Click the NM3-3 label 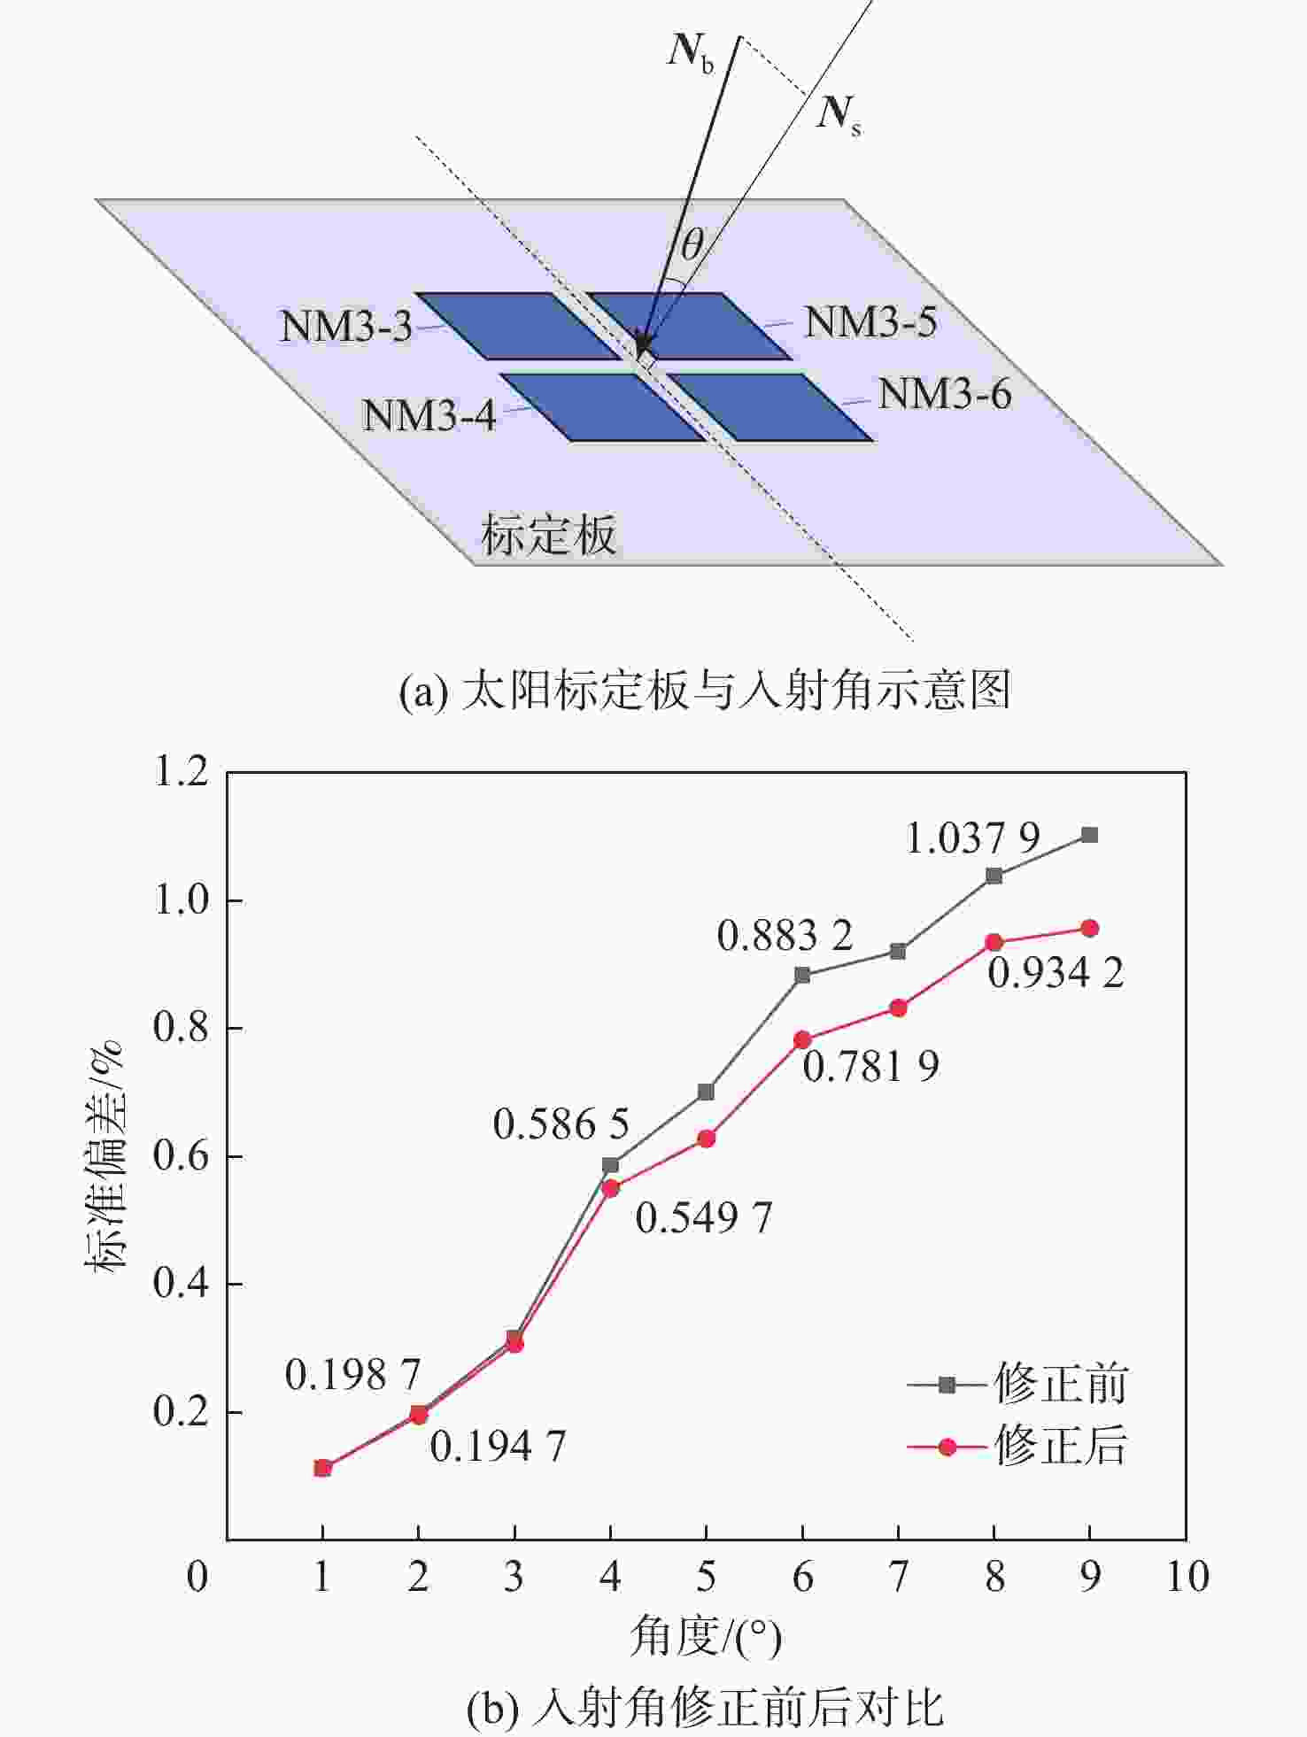click(x=346, y=327)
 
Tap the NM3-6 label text click(x=944, y=394)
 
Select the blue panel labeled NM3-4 click(x=602, y=407)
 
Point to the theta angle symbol click(x=692, y=243)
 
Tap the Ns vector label click(x=838, y=114)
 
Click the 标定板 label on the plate click(x=548, y=535)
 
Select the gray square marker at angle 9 click(x=1090, y=835)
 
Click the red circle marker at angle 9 click(x=1090, y=929)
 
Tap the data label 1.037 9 click(x=972, y=838)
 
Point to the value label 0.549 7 click(x=703, y=1217)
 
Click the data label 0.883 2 click(x=785, y=936)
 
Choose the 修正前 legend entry click(x=1018, y=1385)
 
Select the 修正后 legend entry click(x=1018, y=1447)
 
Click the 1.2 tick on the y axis click(x=181, y=772)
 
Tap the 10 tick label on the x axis click(x=1187, y=1577)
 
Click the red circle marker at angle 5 click(x=707, y=1139)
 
